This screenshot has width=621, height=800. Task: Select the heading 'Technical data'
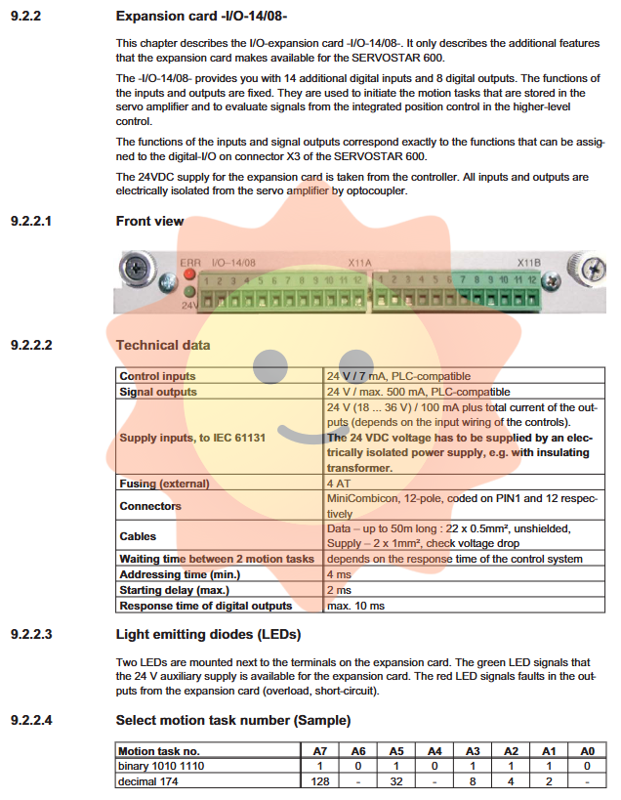click(x=162, y=345)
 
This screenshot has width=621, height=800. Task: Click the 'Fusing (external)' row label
click(x=164, y=484)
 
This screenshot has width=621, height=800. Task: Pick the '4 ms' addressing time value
click(x=339, y=574)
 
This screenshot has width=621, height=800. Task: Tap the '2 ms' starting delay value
click(x=339, y=590)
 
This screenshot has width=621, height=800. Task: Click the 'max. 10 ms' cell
click(x=355, y=606)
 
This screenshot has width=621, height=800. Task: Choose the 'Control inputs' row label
click(x=157, y=376)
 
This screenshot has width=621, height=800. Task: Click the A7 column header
click(x=319, y=750)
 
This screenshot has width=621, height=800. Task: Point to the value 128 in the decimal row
click(x=319, y=781)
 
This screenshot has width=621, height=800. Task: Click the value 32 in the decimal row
click(x=395, y=781)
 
